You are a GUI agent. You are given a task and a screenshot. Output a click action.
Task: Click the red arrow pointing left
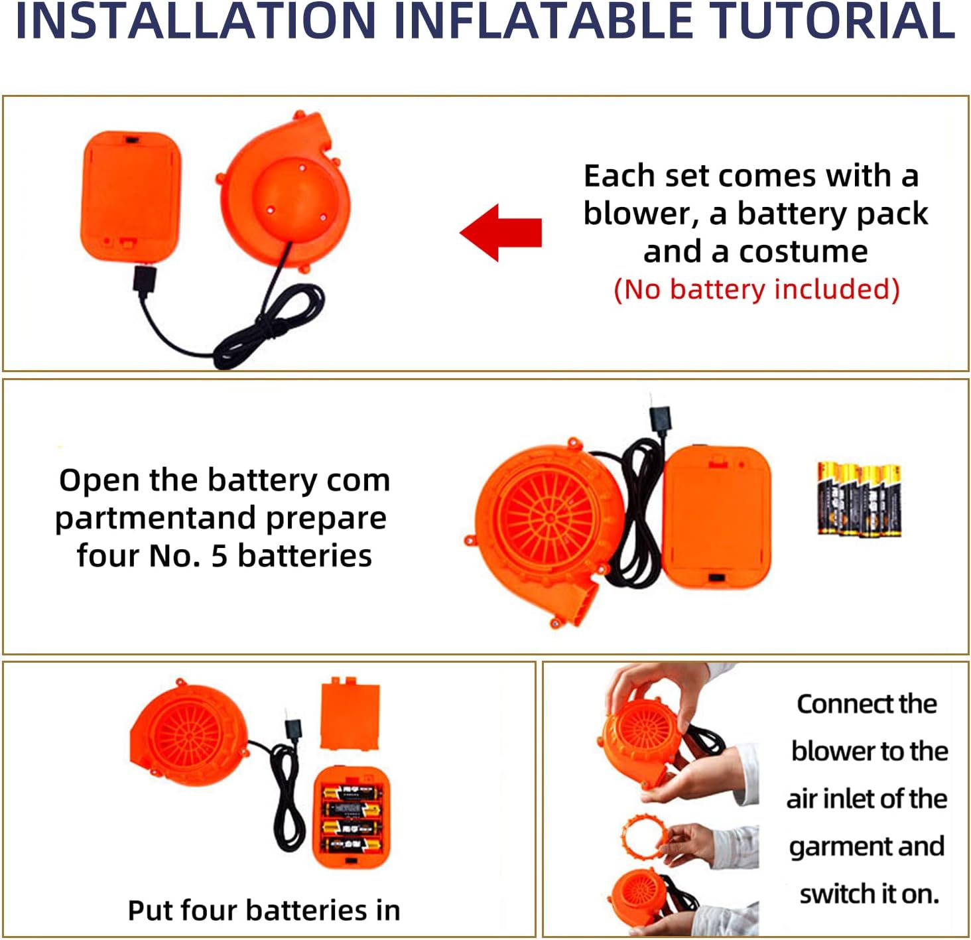click(501, 232)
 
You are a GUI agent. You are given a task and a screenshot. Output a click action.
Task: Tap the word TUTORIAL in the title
click(832, 21)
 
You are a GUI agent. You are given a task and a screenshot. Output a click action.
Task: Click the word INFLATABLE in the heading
click(543, 21)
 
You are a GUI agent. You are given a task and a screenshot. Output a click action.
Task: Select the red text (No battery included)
click(757, 289)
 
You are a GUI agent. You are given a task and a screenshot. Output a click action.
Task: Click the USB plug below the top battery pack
click(145, 281)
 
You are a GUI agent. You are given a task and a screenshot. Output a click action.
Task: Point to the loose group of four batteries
click(859, 500)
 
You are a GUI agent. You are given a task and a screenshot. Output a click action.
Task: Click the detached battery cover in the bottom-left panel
click(350, 713)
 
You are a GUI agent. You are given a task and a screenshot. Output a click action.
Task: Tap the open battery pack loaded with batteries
click(352, 818)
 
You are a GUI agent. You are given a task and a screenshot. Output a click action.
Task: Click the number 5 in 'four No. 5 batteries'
click(219, 556)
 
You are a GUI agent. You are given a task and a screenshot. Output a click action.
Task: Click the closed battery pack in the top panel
click(131, 196)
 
